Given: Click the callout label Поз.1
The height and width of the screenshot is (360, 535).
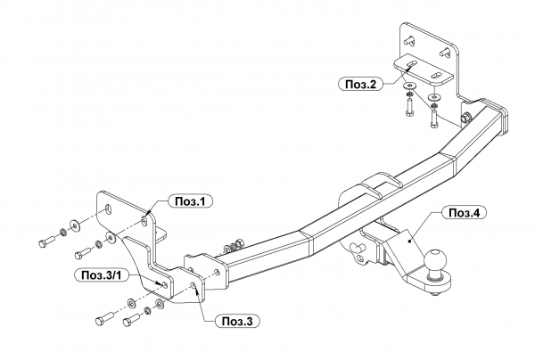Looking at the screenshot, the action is (x=191, y=201).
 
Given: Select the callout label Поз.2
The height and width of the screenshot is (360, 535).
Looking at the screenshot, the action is (x=360, y=84).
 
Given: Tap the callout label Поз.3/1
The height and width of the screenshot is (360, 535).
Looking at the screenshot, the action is (x=102, y=275).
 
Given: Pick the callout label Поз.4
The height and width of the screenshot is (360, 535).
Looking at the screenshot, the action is (x=464, y=213).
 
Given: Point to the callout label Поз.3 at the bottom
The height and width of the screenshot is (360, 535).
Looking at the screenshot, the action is (x=237, y=321).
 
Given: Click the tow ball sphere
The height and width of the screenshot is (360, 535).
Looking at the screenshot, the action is (x=436, y=260).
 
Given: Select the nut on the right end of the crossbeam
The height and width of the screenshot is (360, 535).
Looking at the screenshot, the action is (x=465, y=119).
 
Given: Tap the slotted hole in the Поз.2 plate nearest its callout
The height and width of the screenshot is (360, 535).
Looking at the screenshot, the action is (x=410, y=64).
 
